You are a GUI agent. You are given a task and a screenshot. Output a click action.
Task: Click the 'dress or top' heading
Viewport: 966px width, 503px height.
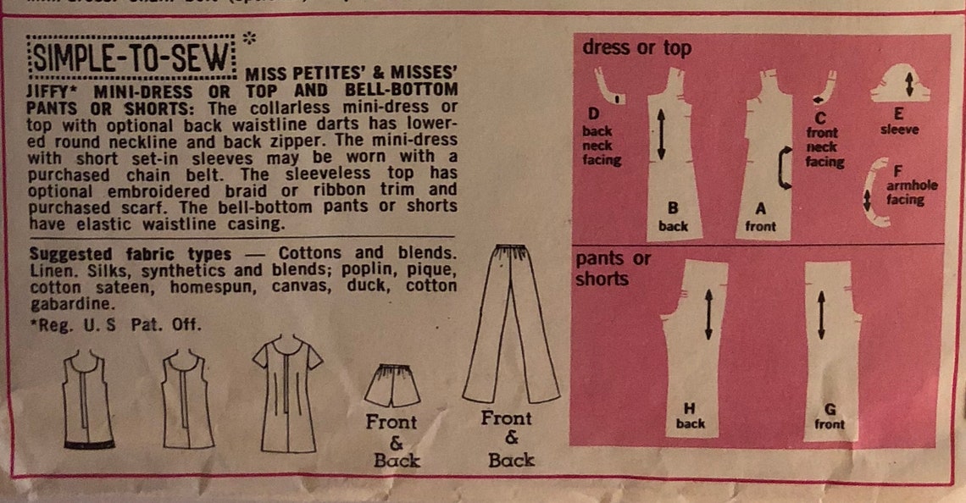(636, 48)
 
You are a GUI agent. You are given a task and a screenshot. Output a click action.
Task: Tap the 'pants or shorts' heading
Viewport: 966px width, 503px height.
(612, 268)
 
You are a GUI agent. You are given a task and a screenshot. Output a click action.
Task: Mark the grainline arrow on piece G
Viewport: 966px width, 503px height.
(821, 315)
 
